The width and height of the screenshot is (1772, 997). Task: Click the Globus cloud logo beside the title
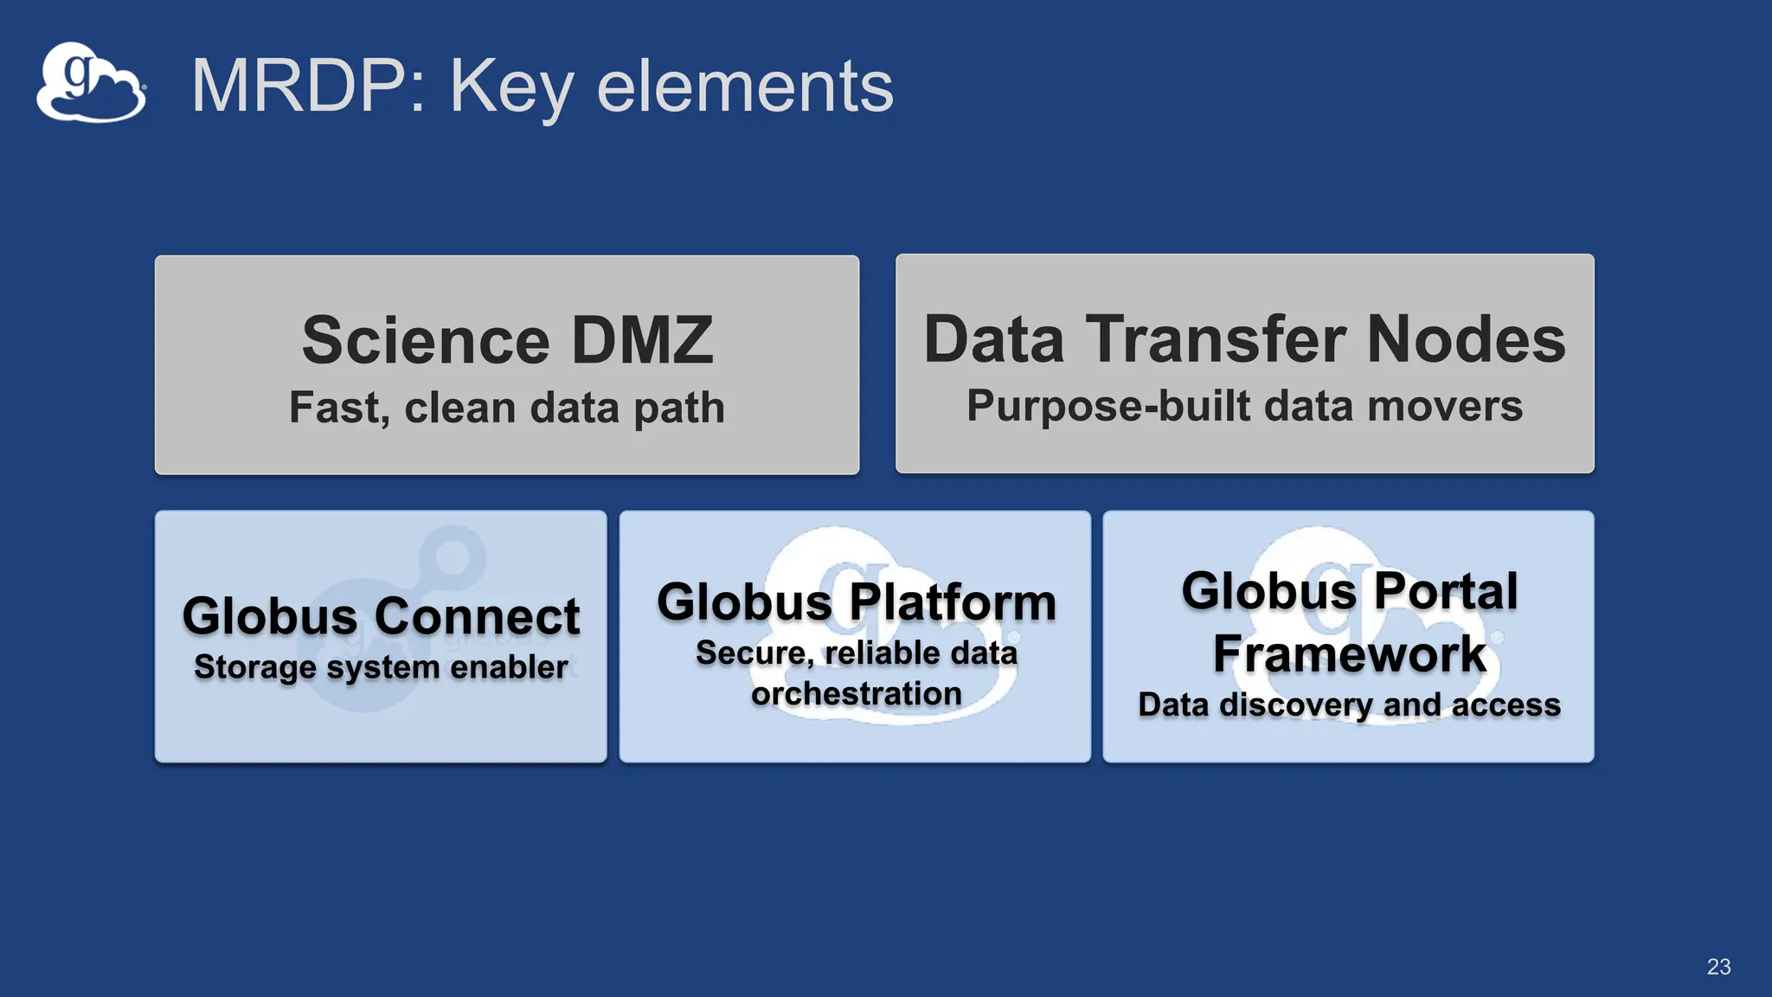click(90, 83)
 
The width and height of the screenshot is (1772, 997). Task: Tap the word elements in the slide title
click(744, 86)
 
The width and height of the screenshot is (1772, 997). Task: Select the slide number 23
click(1718, 967)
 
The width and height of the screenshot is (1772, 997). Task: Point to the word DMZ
click(642, 340)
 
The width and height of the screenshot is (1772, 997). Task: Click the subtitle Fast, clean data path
click(506, 408)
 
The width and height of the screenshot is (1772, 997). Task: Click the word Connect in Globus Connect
click(477, 616)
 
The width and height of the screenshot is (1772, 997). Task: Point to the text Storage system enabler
click(381, 667)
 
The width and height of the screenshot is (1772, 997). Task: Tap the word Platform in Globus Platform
click(951, 601)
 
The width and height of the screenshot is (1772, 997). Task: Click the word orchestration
click(856, 694)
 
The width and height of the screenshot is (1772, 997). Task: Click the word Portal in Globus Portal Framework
click(1445, 591)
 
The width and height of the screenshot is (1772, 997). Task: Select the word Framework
click(1349, 653)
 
